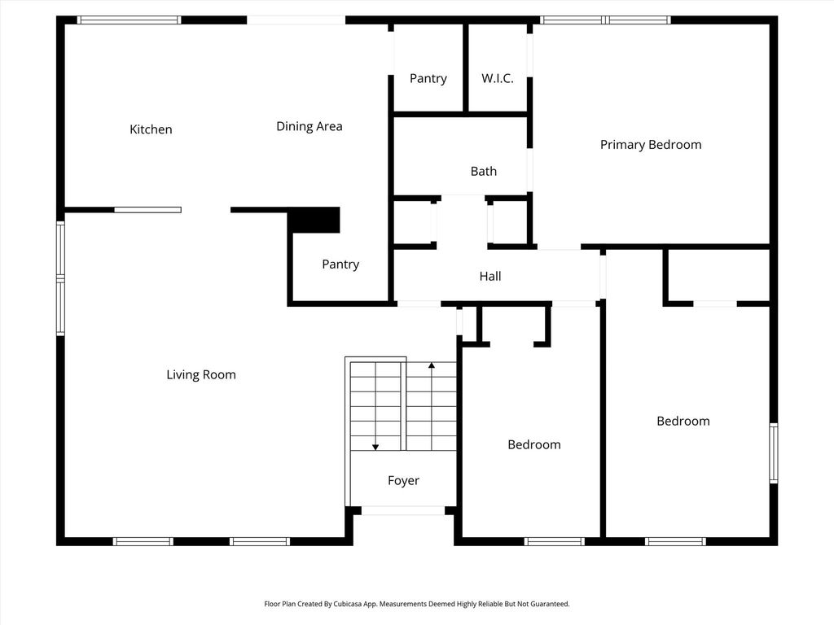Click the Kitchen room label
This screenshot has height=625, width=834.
point(151,129)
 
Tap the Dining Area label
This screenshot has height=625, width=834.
point(309,126)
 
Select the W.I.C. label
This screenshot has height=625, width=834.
point(498,79)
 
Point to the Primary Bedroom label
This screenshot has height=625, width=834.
point(651,145)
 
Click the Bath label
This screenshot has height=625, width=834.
point(484,171)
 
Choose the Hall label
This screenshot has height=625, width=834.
point(489,276)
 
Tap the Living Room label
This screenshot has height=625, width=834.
point(201,374)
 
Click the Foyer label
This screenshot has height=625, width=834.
point(403,480)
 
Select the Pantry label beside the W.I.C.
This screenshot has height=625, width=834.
point(428,79)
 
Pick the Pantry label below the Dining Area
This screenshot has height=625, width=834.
point(340,264)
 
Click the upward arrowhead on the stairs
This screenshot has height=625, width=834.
point(432,365)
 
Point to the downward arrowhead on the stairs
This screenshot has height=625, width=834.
point(375,448)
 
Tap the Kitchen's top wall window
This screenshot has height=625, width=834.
point(129,20)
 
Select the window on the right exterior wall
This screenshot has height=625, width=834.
point(774,452)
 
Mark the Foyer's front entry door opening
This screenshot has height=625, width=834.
point(402,511)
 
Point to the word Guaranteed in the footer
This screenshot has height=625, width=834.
point(551,604)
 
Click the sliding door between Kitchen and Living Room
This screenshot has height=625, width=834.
point(148,210)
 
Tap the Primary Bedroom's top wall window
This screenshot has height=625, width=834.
point(605,20)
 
